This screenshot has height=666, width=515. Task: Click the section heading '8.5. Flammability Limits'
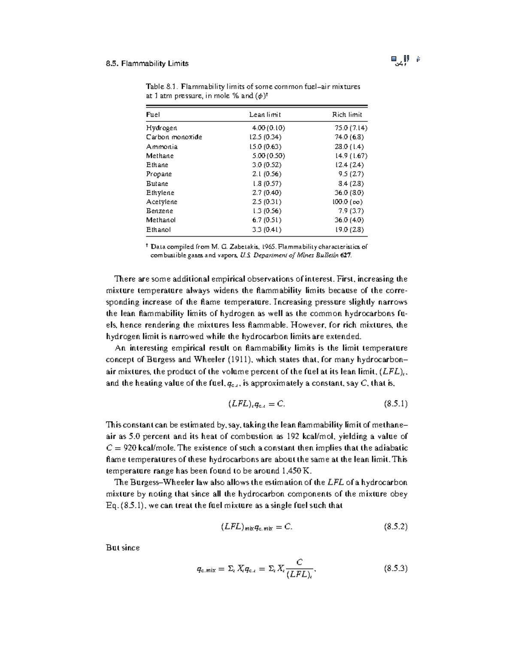147,63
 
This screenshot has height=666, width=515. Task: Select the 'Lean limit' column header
265,115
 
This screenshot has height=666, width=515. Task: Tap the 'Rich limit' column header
347,115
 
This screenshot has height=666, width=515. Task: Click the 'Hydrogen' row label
161,128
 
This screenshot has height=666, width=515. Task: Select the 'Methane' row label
160,156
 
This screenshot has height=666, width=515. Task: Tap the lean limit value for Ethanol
267,229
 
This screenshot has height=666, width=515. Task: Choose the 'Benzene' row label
160,211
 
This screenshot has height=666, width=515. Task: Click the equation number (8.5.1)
395,404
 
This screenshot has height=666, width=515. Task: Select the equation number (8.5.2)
395,527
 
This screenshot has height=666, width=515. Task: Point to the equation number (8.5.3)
395,569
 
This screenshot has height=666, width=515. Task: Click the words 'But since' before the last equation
123,548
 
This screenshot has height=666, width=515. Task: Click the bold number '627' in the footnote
345,255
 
